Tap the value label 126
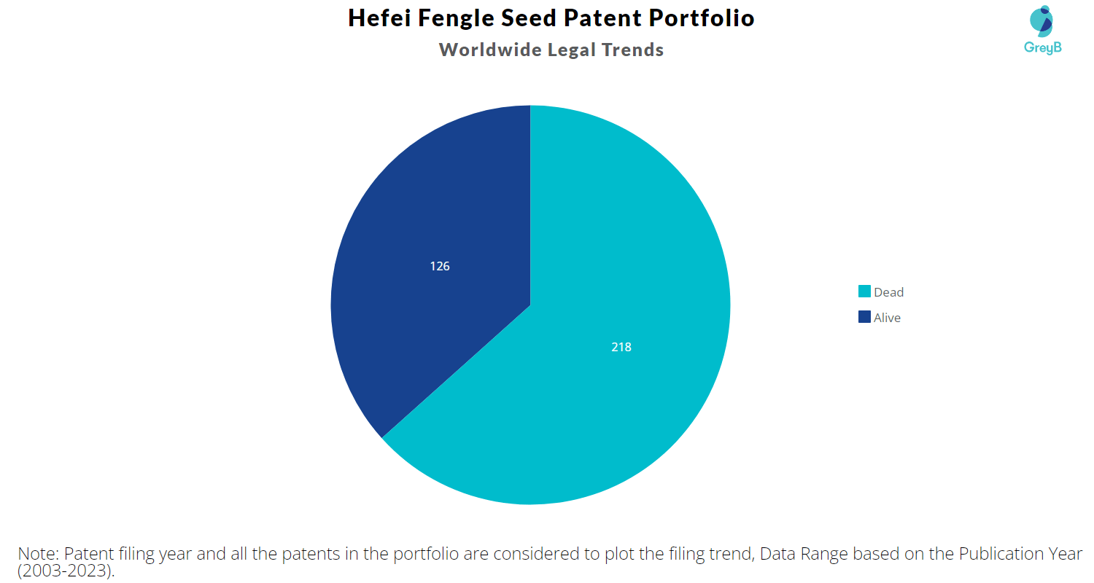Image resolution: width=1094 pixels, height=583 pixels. coord(440,267)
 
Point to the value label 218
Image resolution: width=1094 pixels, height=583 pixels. coord(621,348)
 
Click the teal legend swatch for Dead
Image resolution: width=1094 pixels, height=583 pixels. coord(864,291)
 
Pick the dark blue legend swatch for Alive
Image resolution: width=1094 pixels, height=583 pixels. coord(864,317)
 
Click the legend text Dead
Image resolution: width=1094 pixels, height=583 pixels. coord(889,292)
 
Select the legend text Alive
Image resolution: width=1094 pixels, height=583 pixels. coord(887,318)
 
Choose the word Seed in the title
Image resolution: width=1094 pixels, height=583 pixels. coord(529,18)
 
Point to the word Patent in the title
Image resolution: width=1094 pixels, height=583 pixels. coord(602,18)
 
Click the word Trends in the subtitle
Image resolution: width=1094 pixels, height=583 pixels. coord(632,50)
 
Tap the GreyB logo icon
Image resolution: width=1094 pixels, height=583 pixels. coord(1041,21)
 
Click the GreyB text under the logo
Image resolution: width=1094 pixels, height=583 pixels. coord(1043,48)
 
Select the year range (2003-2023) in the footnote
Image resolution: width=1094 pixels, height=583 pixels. coord(66,571)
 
